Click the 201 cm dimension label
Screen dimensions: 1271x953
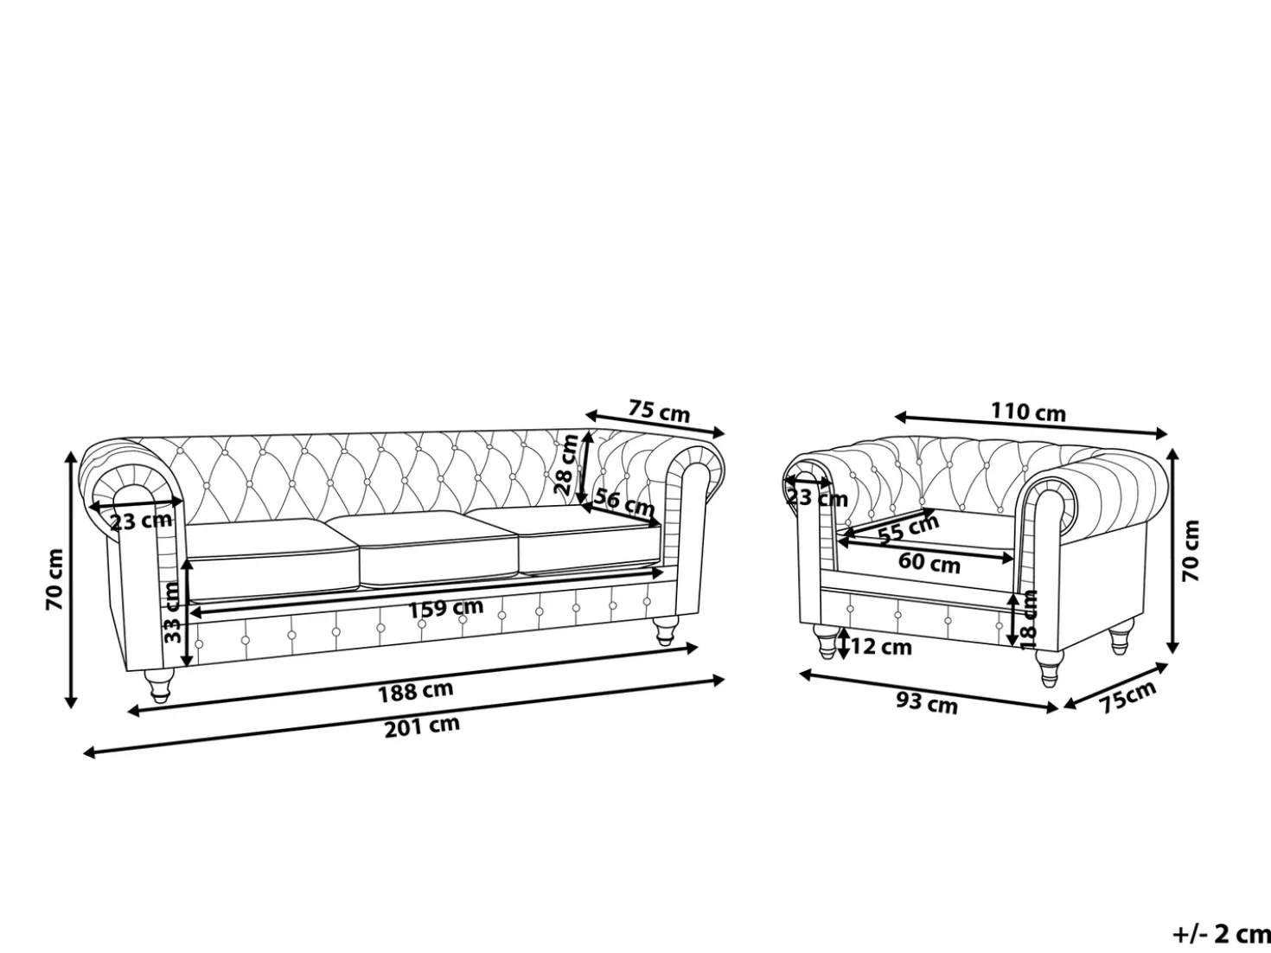422,727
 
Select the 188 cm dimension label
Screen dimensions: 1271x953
415,691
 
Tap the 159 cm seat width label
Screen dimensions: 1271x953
446,609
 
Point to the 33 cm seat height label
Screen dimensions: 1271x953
173,612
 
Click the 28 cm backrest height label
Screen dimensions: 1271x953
565,464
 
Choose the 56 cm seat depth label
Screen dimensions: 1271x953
624,502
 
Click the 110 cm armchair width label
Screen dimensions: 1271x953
1028,413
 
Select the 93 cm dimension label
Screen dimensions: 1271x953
927,703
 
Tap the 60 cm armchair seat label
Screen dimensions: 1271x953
929,563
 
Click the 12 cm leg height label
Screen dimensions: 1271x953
881,647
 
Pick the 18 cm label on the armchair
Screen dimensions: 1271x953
1028,619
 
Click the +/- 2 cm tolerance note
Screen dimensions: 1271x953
1221,934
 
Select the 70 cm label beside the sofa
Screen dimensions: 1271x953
54,579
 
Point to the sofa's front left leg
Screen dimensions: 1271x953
158,686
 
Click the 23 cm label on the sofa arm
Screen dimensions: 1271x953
141,521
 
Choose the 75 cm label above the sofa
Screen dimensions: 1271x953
660,411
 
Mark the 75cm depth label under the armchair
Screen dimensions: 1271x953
1127,696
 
